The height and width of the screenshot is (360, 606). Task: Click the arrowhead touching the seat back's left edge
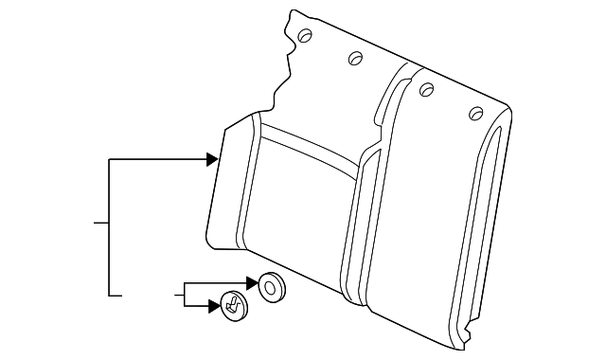point(213,160)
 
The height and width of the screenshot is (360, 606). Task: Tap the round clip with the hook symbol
point(232,304)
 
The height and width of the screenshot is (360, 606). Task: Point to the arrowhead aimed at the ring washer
point(251,282)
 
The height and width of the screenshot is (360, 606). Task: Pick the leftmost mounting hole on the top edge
point(305,36)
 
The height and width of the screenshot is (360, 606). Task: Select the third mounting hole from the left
point(426,89)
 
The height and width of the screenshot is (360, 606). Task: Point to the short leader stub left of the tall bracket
point(101,224)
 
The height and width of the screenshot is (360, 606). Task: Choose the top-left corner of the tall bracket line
point(111,160)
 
